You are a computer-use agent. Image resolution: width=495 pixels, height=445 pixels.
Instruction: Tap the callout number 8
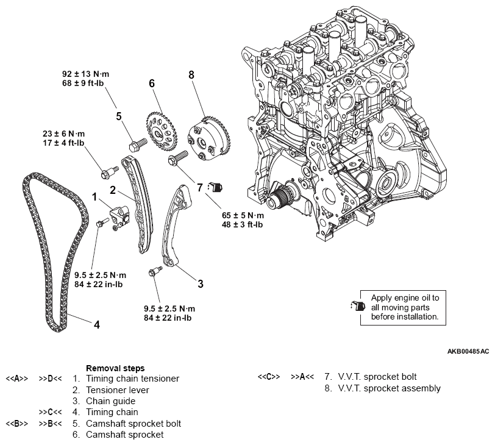[x=191, y=74]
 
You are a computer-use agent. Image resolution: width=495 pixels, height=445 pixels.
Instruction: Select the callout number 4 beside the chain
[x=96, y=324]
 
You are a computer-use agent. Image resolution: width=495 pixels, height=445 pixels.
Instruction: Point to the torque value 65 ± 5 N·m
[x=243, y=216]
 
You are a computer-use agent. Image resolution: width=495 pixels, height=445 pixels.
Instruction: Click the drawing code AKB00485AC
[x=468, y=352]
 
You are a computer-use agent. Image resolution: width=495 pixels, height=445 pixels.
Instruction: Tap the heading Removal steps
[x=115, y=368]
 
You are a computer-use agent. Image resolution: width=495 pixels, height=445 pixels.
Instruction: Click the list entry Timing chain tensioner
[x=132, y=379]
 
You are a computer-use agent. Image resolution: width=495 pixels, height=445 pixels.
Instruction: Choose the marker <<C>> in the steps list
[x=269, y=377]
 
